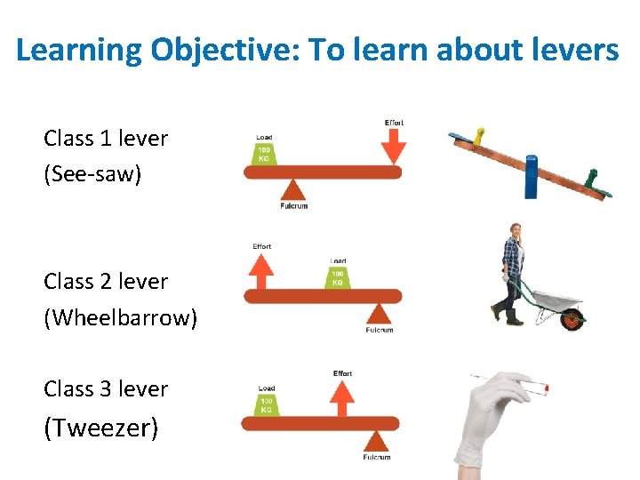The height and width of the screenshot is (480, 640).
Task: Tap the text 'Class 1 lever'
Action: coord(106,139)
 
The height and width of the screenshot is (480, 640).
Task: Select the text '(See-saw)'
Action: coord(92,173)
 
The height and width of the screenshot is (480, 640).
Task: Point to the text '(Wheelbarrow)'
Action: coord(121,317)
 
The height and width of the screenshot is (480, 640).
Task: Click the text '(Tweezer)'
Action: coord(101,428)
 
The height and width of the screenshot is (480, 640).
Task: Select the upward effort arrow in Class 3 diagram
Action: coord(342,397)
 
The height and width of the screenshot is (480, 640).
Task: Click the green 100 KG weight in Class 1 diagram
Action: coord(265,154)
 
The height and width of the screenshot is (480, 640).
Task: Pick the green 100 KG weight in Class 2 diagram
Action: coord(338,277)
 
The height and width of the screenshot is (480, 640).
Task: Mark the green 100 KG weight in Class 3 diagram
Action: coord(267,405)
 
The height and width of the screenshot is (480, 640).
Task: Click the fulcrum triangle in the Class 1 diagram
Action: coord(292,188)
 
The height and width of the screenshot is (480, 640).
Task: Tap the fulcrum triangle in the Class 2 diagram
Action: coord(380,313)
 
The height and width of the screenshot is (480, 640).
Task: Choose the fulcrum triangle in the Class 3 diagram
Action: coord(377,440)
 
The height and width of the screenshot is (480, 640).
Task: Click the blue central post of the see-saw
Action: coord(532,176)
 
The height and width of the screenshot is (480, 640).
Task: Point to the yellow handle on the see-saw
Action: coord(479,135)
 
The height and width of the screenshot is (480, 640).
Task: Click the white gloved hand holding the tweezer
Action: coord(488,418)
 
